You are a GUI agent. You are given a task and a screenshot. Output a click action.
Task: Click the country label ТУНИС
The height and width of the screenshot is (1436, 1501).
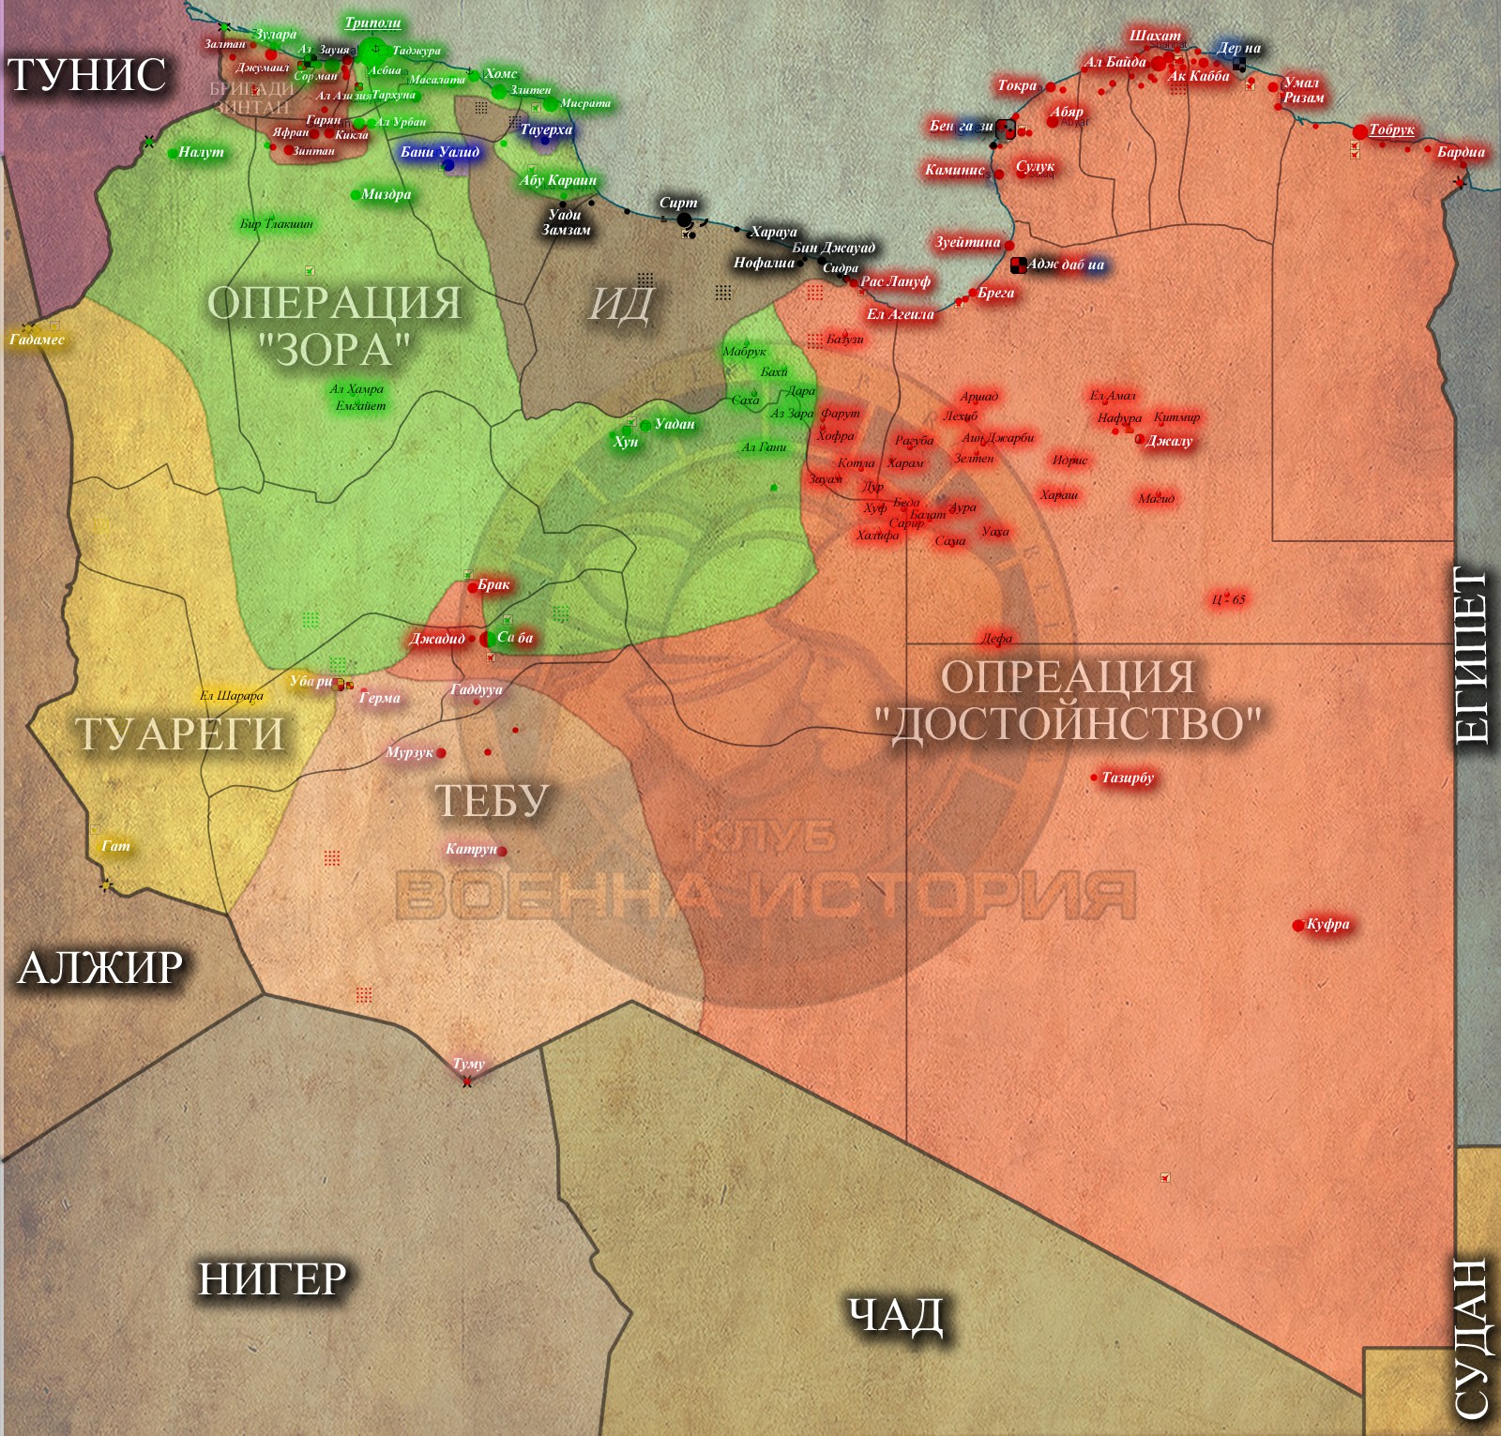click(x=86, y=75)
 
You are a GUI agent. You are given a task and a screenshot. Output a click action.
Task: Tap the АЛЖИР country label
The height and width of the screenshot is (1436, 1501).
click(x=100, y=967)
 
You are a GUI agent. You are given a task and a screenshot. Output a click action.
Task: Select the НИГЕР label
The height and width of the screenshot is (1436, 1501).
click(x=272, y=1278)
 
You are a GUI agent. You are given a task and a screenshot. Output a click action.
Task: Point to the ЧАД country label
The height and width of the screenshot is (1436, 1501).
click(x=895, y=1314)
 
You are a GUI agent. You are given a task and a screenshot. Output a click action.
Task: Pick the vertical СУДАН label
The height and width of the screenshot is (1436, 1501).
click(x=1472, y=1337)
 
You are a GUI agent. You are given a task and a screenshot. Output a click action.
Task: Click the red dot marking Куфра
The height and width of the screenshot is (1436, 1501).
click(x=1297, y=926)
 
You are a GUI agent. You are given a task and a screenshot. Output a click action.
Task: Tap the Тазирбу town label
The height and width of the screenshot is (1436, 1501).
click(x=1128, y=778)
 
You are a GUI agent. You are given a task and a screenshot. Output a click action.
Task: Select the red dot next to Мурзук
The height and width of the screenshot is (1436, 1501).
click(x=441, y=753)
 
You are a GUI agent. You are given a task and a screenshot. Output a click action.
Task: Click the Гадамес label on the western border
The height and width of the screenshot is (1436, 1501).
click(x=38, y=340)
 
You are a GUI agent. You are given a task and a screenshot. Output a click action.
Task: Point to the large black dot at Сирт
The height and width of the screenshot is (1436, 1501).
click(x=684, y=220)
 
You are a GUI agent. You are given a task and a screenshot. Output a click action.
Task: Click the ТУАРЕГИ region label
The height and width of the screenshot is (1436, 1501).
click(x=179, y=733)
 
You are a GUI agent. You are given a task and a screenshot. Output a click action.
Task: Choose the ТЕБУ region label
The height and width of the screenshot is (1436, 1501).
click(x=492, y=800)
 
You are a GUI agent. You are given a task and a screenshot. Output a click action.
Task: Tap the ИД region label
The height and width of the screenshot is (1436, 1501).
click(x=620, y=304)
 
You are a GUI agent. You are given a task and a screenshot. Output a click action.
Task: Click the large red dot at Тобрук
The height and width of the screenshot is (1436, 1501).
click(x=1360, y=132)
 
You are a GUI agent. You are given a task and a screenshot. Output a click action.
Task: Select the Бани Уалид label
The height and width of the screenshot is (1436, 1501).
click(x=440, y=152)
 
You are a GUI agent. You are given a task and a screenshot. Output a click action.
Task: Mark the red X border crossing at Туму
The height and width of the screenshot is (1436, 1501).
click(x=467, y=1081)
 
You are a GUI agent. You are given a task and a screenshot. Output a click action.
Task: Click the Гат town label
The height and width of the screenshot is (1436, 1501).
click(x=115, y=846)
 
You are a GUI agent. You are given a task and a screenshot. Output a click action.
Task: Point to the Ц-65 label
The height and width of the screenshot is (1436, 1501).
click(x=1229, y=599)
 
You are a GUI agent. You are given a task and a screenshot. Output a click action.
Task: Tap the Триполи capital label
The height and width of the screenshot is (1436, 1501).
click(x=372, y=23)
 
